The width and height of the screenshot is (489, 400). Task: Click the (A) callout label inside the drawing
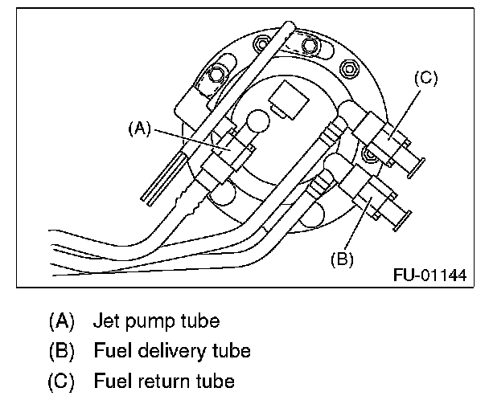click(139, 126)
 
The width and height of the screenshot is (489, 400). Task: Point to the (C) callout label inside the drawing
click(425, 78)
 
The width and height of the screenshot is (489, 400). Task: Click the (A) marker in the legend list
click(61, 321)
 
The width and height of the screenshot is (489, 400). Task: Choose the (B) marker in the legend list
click(61, 351)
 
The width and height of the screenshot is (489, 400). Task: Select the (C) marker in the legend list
click(61, 380)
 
